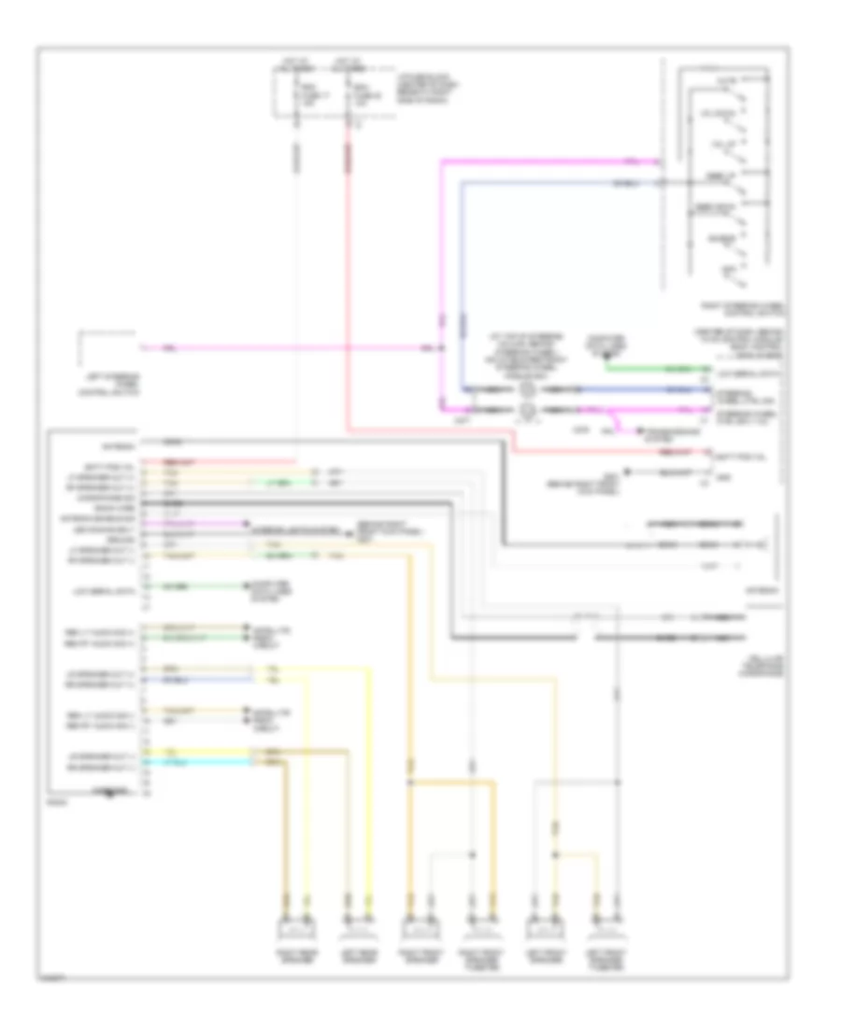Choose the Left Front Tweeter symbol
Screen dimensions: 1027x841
coord(606,928)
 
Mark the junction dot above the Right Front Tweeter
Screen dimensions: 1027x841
coord(471,853)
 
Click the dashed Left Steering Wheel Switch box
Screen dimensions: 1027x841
coord(107,350)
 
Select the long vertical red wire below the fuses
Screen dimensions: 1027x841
coord(348,280)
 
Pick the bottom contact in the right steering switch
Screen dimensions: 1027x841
coord(738,275)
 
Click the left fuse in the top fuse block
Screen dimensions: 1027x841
coord(296,98)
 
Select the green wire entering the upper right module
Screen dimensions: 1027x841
coord(654,368)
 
